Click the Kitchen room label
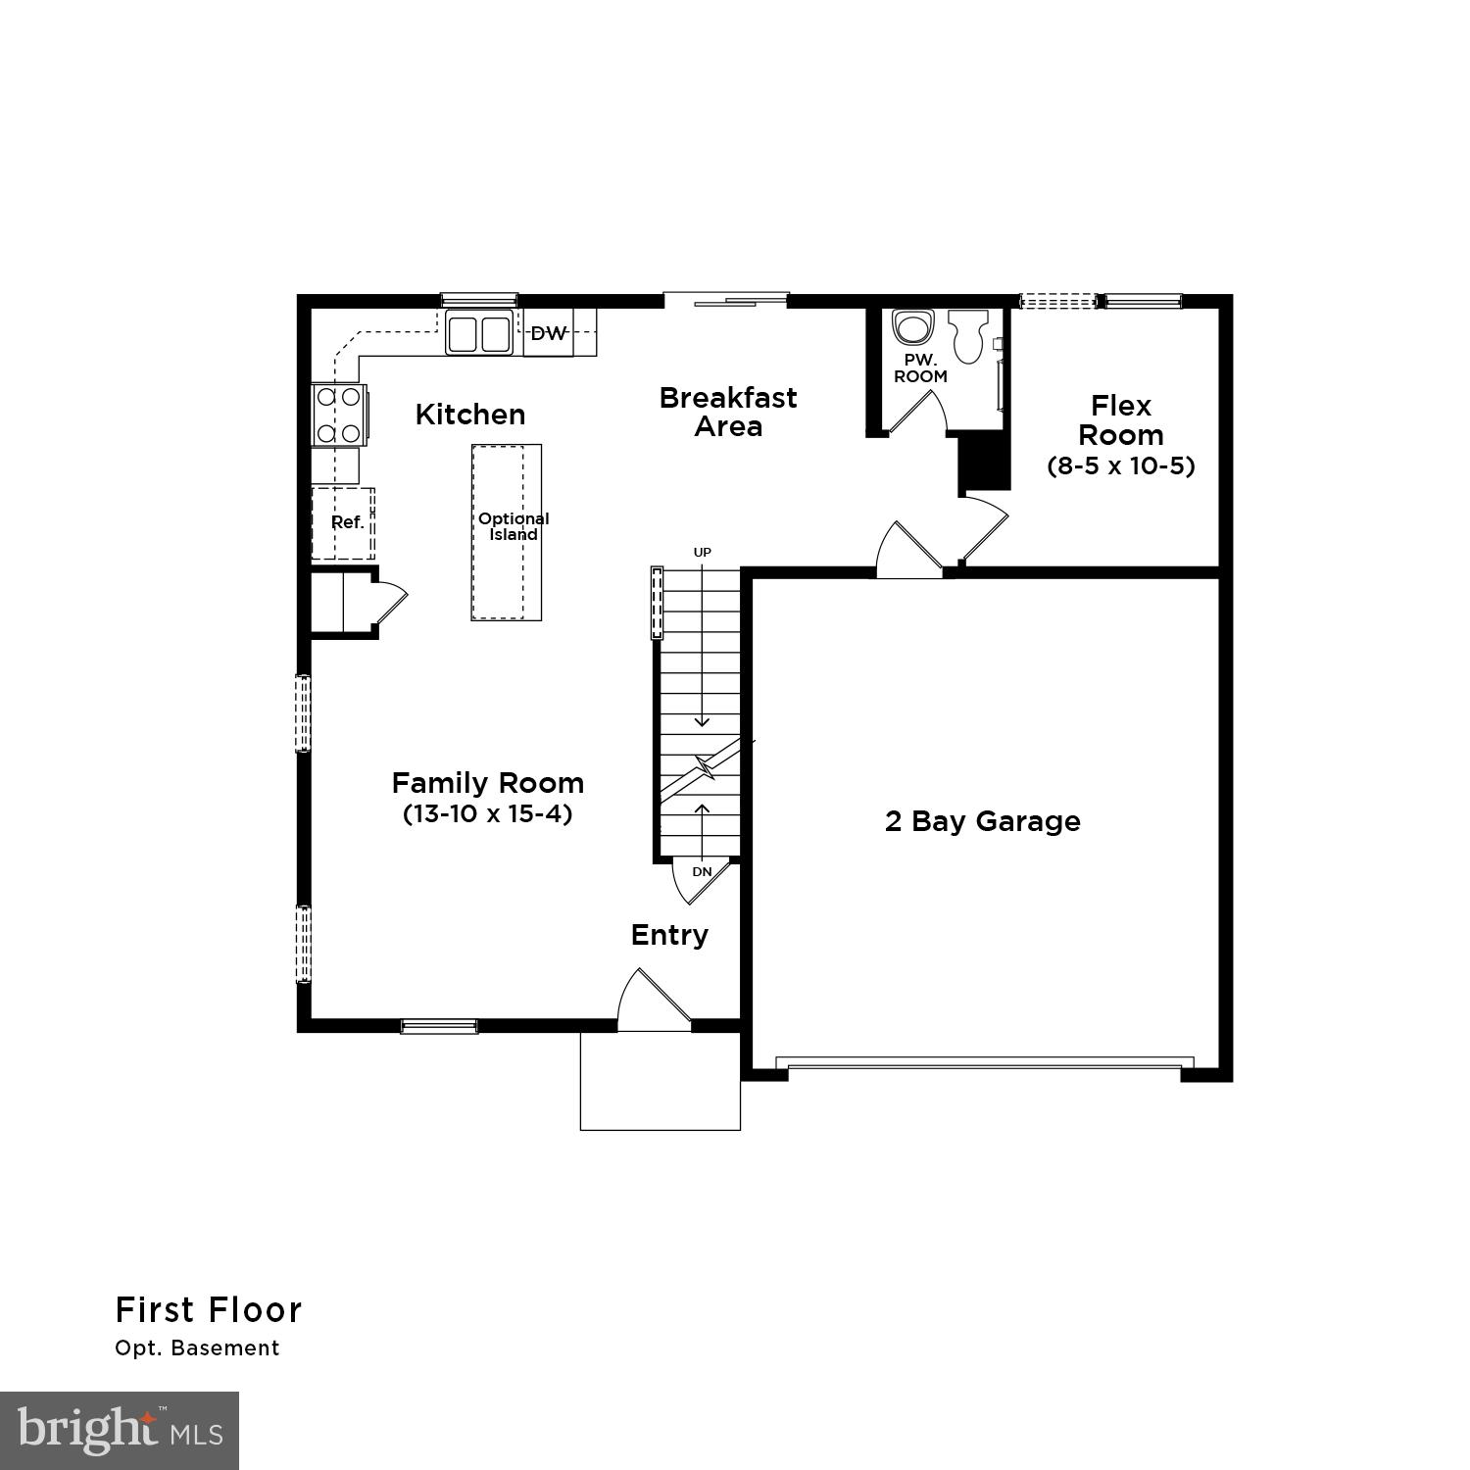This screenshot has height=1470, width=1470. coord(469,415)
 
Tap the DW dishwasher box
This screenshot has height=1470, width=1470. coord(548,333)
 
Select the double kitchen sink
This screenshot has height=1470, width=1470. coord(479,333)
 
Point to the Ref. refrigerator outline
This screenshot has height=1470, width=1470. coord(344,523)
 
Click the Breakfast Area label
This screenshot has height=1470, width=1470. coord(727,412)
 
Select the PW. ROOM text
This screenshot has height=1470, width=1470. coord(920,368)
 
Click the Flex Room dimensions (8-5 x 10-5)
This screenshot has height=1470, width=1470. coord(1121,465)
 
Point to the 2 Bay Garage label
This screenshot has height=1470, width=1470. coord(982,821)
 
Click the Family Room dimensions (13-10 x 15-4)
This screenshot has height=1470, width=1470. coord(487,813)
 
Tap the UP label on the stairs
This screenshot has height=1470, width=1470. coord(702,553)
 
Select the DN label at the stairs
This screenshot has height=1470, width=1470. coord(702,871)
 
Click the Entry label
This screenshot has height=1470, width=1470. coord(669,935)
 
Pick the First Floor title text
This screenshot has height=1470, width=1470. coord(209,1310)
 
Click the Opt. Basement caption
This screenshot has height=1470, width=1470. coord(197,1348)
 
